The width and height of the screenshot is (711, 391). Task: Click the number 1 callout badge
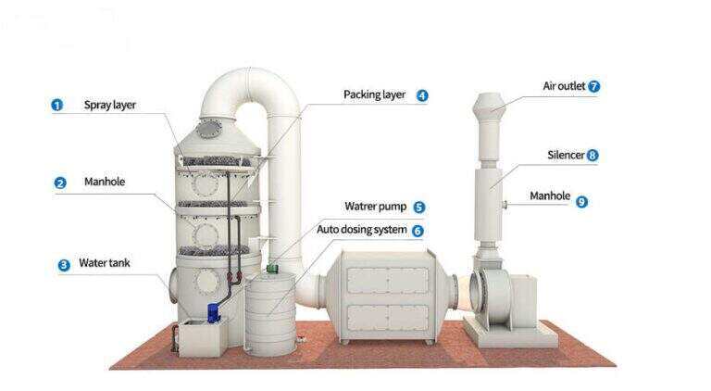click(56, 106)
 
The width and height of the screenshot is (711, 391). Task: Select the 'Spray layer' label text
click(110, 105)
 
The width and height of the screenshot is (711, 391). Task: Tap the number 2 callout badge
click(60, 183)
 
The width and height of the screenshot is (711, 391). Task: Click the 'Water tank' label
click(105, 262)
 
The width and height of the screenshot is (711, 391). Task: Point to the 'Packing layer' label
click(374, 95)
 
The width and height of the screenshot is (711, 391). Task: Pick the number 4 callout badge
click(422, 95)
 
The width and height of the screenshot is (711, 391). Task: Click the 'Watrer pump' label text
click(376, 207)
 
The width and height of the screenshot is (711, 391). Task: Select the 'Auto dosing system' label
click(361, 230)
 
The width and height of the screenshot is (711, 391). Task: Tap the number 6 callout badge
click(418, 231)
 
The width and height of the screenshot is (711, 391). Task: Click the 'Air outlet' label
click(564, 86)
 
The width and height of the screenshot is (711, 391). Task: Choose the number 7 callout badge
click(593, 86)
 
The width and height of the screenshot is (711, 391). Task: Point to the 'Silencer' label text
click(566, 155)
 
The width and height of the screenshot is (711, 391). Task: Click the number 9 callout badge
click(581, 201)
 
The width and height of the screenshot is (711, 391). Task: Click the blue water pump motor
click(213, 313)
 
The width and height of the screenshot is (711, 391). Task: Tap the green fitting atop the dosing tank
click(272, 268)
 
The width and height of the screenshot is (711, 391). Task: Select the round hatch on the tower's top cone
click(209, 129)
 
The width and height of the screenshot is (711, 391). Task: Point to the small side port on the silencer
click(505, 205)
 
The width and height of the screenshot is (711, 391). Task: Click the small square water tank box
click(203, 338)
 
